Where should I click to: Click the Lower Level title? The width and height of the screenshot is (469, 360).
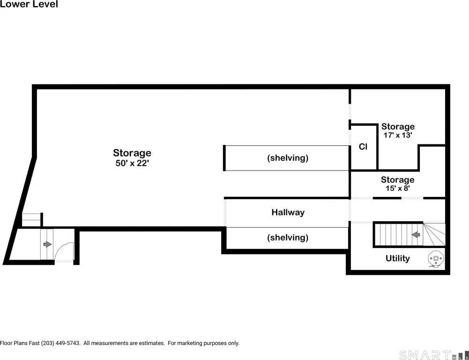click(x=29, y=4)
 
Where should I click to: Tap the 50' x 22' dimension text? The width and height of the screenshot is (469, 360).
click(x=132, y=164)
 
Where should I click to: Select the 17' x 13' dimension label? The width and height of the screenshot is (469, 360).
click(x=398, y=135)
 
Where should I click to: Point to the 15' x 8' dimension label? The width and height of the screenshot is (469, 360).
click(x=397, y=188)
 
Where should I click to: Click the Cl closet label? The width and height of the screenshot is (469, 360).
click(x=363, y=147)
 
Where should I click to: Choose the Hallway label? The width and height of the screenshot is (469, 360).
click(x=288, y=212)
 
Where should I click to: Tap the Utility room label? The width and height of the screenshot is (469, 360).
click(x=397, y=258)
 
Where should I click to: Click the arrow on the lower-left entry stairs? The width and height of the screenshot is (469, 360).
click(x=48, y=245)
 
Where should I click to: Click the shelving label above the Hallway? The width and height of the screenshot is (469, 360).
click(x=288, y=158)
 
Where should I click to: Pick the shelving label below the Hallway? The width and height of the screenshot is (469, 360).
click(x=288, y=238)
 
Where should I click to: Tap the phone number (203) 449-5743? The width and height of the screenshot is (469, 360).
click(x=60, y=343)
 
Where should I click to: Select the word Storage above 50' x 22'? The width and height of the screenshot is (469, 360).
click(x=132, y=153)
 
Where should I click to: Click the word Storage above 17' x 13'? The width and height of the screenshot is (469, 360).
click(x=398, y=127)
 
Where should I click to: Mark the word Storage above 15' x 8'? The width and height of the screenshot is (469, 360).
click(x=397, y=180)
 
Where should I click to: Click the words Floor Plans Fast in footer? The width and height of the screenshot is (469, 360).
click(x=20, y=343)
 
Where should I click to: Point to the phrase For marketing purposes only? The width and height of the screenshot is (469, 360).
click(x=203, y=343)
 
